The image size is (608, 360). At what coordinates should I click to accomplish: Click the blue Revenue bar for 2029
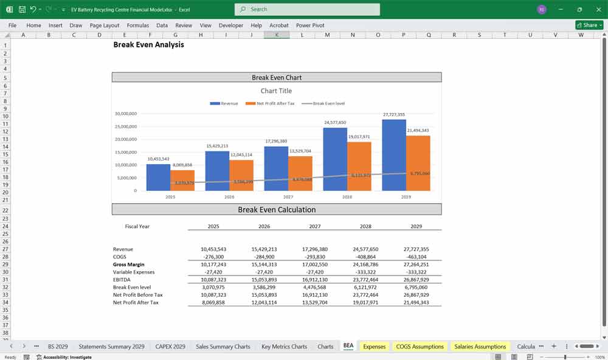(x=394, y=155)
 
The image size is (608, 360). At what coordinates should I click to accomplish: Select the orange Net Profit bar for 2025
(x=182, y=181)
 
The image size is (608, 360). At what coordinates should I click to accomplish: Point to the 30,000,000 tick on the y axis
(x=126, y=114)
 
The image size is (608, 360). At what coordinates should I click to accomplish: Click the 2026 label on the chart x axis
(x=229, y=197)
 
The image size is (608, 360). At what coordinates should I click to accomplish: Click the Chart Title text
(x=277, y=91)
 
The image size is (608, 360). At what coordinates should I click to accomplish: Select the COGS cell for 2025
(x=213, y=257)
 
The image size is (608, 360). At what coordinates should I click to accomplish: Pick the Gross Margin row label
(x=129, y=265)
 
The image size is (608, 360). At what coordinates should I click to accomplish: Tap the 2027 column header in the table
(x=314, y=226)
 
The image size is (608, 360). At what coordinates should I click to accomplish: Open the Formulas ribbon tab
(x=138, y=26)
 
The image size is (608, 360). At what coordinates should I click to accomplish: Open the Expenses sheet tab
(x=374, y=347)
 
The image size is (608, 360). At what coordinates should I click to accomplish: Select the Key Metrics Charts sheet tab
(x=284, y=347)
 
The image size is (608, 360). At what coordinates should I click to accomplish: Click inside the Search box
(x=307, y=9)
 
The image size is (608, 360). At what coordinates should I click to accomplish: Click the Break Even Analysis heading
(x=149, y=45)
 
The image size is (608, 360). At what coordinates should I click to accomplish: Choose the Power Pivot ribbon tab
(x=310, y=26)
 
